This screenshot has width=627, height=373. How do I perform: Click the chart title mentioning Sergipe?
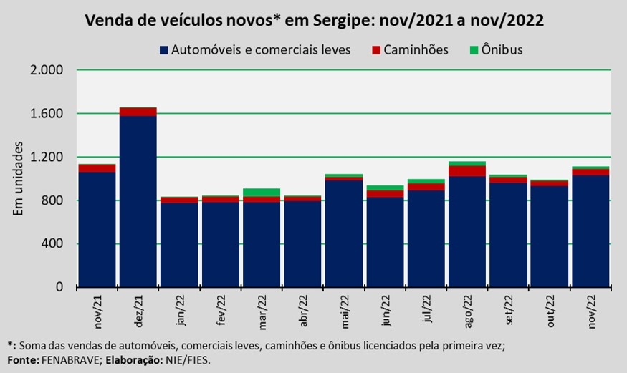point(315,20)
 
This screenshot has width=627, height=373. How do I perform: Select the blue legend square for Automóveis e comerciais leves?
point(163,50)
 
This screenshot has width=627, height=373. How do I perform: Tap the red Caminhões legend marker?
point(375,50)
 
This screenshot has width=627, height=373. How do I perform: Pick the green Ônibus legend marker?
point(474,50)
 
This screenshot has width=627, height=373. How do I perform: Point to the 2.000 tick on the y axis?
point(47,70)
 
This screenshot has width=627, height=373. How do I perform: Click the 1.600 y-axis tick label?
point(47,113)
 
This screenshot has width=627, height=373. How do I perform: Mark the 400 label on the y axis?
point(52,243)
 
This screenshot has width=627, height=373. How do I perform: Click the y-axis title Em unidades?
point(18,178)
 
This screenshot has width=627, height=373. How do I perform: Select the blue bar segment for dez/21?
point(138,201)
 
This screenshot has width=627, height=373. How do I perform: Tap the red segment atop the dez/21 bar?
point(138,112)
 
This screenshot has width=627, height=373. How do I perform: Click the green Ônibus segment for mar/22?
point(262,193)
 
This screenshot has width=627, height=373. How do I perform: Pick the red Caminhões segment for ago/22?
point(467,171)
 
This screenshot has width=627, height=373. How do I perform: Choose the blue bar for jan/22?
point(179,245)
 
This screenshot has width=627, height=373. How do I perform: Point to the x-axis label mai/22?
point(345,311)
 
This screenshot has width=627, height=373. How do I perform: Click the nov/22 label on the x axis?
point(591,311)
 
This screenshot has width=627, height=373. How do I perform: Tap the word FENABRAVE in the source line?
point(70,360)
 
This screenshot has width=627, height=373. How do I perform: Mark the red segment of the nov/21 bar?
point(97,168)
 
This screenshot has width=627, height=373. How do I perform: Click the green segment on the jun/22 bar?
point(385,188)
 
